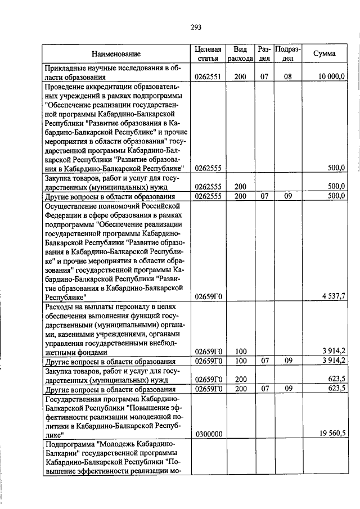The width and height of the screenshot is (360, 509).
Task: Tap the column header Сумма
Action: point(325,54)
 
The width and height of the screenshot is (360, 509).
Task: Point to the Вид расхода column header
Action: point(240,54)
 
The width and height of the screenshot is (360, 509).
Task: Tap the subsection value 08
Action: point(287,76)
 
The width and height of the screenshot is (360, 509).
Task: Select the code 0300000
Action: point(208,434)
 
